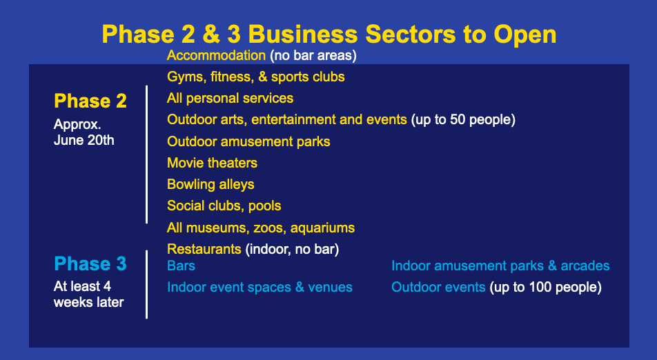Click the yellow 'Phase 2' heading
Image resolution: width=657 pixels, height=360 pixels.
click(x=90, y=101)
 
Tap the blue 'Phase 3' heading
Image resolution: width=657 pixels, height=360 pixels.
click(x=90, y=263)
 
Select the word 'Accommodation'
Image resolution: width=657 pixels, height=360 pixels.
click(x=216, y=55)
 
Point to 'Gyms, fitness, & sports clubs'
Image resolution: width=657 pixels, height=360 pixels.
click(x=255, y=77)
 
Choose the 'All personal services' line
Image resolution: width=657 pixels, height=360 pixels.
click(x=230, y=99)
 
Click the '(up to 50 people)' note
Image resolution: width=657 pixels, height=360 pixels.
click(x=463, y=120)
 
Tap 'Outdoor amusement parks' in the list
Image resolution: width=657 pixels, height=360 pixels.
click(x=248, y=141)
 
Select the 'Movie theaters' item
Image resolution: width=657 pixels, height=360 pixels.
click(x=212, y=163)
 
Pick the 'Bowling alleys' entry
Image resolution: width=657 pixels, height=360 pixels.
click(x=210, y=185)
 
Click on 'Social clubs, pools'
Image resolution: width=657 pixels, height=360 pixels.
click(x=224, y=206)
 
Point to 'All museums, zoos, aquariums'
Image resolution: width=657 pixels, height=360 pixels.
click(x=261, y=228)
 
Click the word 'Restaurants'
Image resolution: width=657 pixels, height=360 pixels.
click(x=204, y=249)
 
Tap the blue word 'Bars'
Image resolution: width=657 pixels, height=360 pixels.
click(x=181, y=266)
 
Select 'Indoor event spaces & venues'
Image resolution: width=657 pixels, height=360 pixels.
click(x=259, y=287)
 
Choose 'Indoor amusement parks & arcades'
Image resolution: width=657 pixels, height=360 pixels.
click(x=500, y=266)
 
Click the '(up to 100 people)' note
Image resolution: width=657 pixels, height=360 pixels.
click(x=545, y=287)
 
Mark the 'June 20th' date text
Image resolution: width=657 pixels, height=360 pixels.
click(x=84, y=140)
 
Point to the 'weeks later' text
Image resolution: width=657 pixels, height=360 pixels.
click(x=89, y=302)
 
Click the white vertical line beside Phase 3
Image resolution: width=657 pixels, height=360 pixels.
click(x=146, y=285)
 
